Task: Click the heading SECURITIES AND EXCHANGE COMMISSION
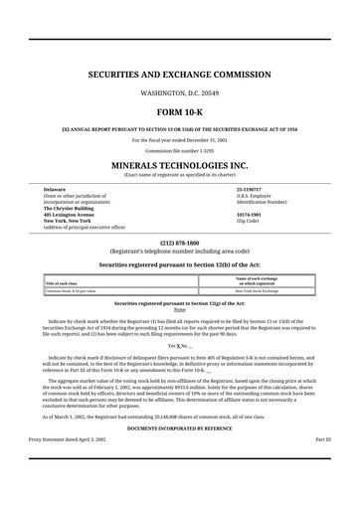point(180,75)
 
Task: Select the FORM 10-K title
point(180,112)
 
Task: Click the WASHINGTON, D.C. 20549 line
point(180,91)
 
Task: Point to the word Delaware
point(54,188)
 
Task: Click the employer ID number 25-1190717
point(249,188)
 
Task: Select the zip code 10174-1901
point(249,214)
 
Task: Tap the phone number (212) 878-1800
point(180,243)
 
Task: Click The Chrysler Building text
point(71,207)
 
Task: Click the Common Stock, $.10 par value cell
point(71,290)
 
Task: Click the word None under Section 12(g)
point(180,309)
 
